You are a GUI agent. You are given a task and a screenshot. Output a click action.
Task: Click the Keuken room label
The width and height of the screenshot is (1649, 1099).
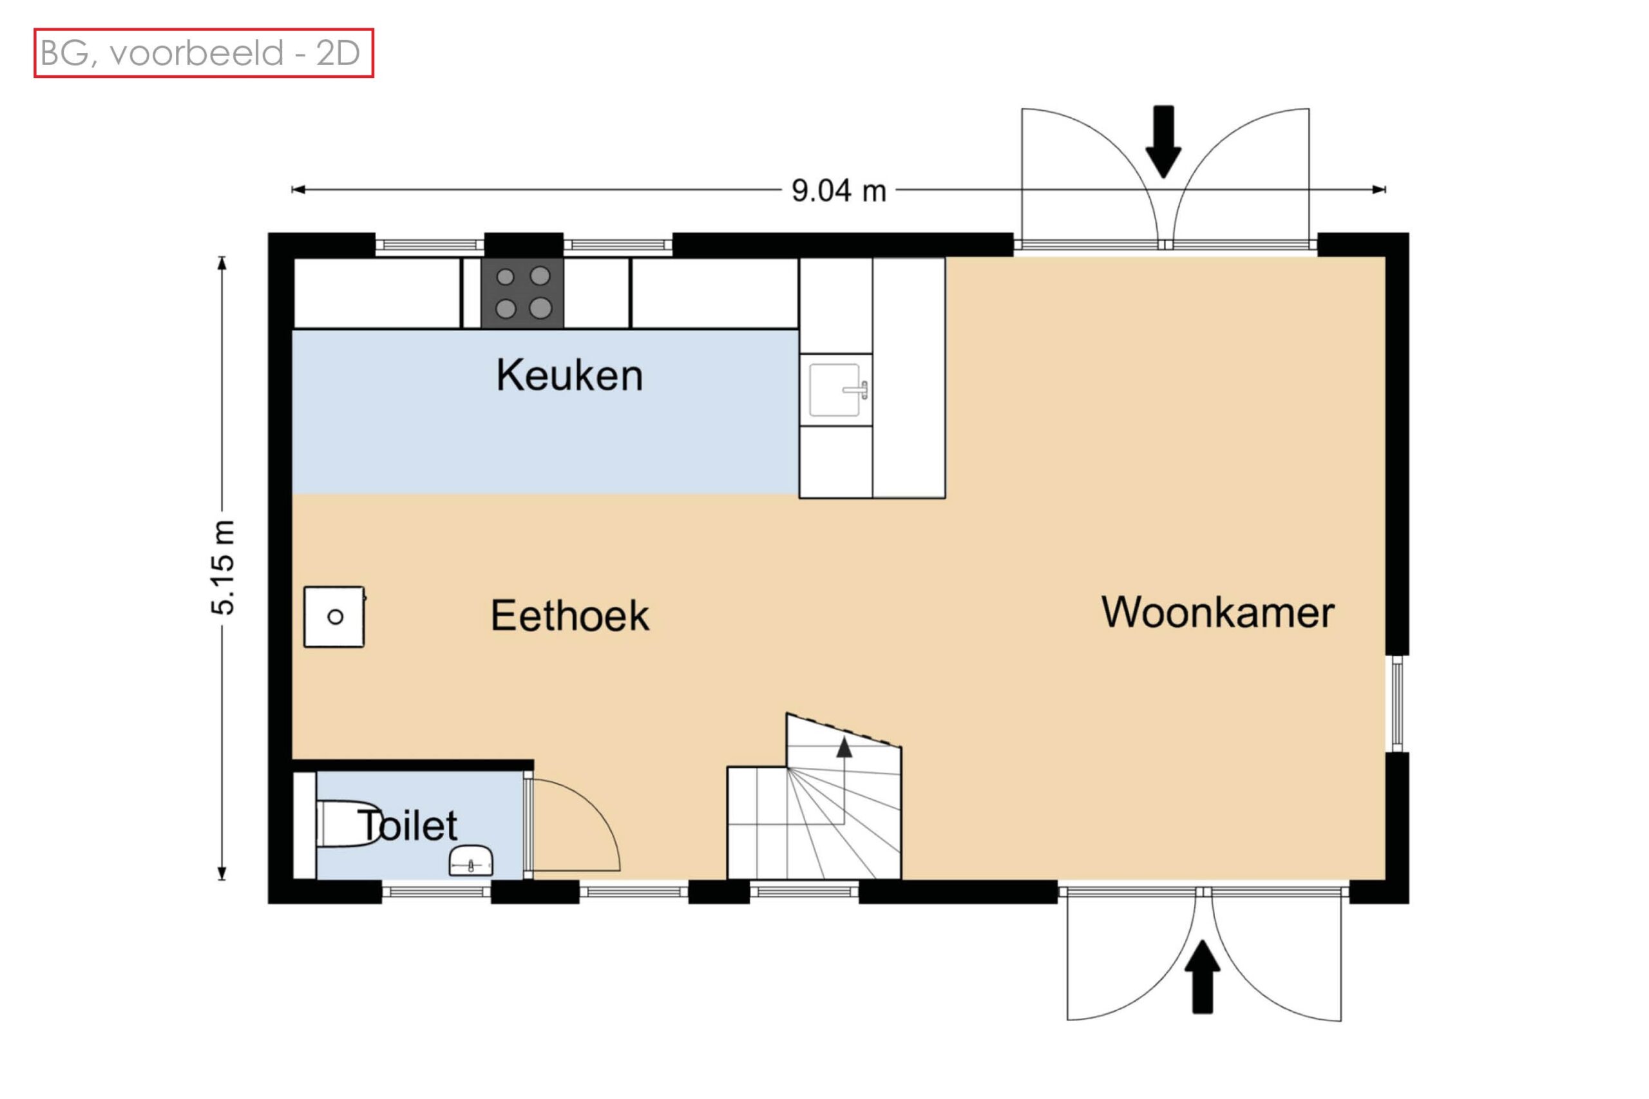tap(569, 375)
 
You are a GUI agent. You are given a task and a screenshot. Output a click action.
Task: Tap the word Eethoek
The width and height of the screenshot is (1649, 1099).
tap(570, 615)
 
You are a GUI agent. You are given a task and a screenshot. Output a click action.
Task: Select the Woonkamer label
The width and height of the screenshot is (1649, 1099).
tap(1218, 612)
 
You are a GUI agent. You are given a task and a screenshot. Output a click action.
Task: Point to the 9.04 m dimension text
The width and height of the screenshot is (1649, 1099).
tap(839, 191)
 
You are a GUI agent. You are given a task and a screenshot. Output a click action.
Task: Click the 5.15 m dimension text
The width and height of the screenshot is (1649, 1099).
tap(224, 568)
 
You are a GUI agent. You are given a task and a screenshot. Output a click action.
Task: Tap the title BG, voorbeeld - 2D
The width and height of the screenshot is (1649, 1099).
tap(200, 53)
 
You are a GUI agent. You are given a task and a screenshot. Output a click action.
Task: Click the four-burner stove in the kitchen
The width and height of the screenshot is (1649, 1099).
tap(522, 293)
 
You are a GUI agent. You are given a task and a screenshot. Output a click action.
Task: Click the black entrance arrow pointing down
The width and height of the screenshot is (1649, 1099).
tap(1163, 142)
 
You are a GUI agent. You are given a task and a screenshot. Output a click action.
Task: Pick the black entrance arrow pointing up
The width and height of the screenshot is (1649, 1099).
tap(1203, 977)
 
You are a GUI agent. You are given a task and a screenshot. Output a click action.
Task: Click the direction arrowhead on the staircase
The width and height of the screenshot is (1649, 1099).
tap(844, 748)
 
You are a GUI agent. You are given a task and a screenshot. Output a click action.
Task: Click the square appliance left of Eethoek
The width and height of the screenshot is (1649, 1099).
tap(334, 616)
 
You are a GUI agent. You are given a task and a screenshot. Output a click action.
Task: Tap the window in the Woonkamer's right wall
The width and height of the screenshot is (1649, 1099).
tap(1396, 703)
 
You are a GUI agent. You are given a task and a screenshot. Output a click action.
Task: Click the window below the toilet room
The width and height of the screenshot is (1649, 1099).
tap(436, 892)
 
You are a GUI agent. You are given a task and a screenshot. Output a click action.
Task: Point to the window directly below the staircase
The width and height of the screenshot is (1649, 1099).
tap(804, 892)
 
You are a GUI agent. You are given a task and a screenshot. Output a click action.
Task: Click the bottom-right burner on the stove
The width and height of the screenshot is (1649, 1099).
tap(540, 308)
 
